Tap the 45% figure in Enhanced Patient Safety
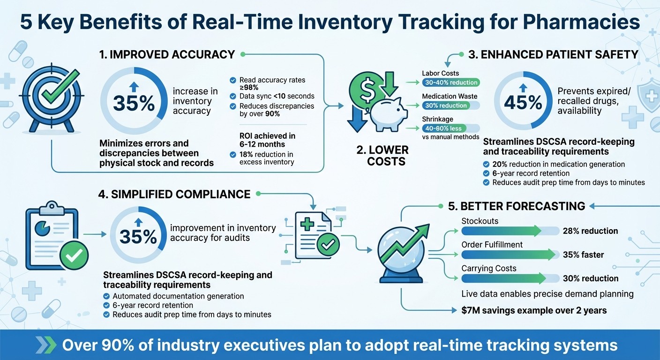coord(523,102)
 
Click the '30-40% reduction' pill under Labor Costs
coord(450,82)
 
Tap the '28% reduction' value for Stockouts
coord(590,231)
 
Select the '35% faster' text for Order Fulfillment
coord(583,255)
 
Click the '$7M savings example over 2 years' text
coord(534,310)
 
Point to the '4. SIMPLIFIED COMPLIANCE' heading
coord(174,194)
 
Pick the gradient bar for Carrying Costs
coord(504,278)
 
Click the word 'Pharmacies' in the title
coord(581,23)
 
